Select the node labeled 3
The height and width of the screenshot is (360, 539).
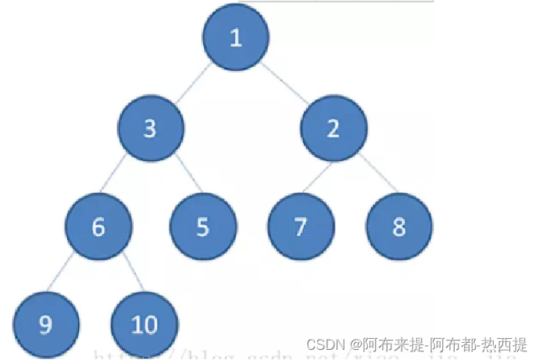(152, 128)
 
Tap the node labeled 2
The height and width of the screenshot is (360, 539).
(334, 128)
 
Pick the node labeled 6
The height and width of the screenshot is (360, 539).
(98, 226)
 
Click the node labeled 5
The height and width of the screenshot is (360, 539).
(203, 226)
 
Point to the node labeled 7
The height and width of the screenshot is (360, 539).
(301, 226)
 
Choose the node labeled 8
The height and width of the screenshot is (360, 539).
(399, 226)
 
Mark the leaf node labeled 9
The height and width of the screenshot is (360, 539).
(46, 324)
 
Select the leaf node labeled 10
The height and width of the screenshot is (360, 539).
(145, 324)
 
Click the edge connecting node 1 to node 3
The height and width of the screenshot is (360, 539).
(194, 83)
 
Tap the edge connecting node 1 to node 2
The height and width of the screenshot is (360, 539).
(285, 83)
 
